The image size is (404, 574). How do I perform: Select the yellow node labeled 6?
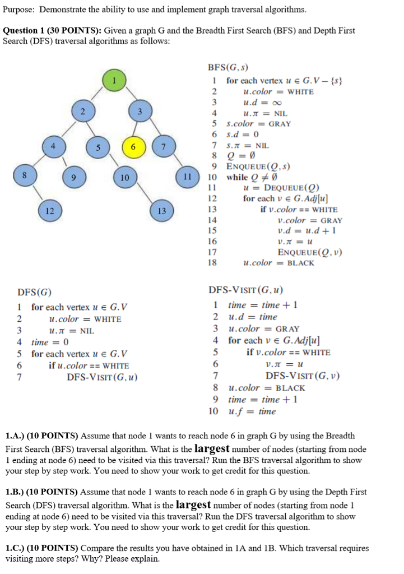coord(133,147)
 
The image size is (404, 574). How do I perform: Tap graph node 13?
coord(162,211)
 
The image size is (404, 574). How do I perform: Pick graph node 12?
coord(50,211)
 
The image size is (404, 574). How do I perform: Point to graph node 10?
coord(124,178)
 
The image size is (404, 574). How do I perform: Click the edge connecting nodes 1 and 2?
coord(98,96)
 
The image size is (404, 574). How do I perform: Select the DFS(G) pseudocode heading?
coord(35,292)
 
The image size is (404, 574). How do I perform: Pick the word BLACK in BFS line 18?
coord(301,263)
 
